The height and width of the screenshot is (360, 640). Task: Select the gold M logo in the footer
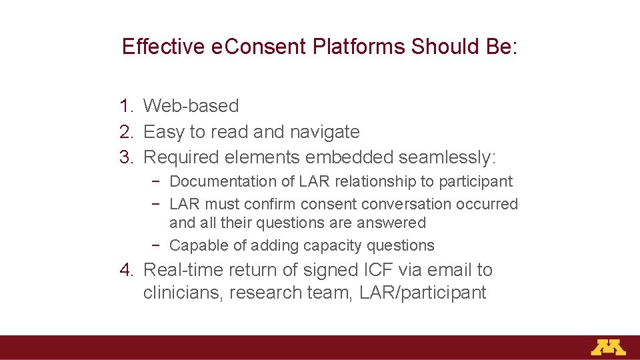pyautogui.click(x=608, y=347)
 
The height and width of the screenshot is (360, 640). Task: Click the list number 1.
pyautogui.click(x=125, y=106)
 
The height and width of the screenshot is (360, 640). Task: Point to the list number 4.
pyautogui.click(x=125, y=270)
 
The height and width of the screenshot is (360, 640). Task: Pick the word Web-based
pyautogui.click(x=191, y=106)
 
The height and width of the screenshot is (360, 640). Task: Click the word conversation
pyautogui.click(x=395, y=204)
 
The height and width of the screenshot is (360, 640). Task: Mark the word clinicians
pyautogui.click(x=183, y=293)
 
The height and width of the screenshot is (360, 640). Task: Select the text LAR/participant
pyautogui.click(x=423, y=293)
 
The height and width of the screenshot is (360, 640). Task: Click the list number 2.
pyautogui.click(x=125, y=132)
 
